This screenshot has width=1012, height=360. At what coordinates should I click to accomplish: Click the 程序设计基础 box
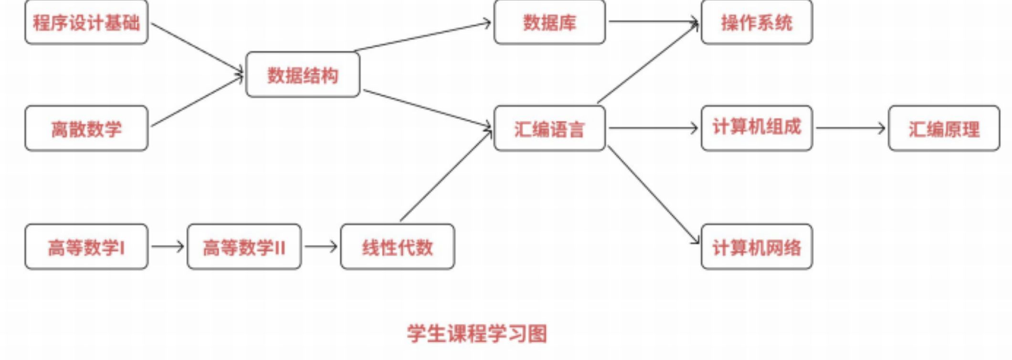pyautogui.click(x=86, y=22)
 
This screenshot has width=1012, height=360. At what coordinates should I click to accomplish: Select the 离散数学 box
pyautogui.click(x=86, y=128)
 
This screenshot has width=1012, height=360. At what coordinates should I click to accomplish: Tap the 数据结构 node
pyautogui.click(x=303, y=75)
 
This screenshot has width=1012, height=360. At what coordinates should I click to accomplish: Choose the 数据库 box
pyautogui.click(x=549, y=22)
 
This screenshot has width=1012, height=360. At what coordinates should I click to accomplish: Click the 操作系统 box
pyautogui.click(x=757, y=22)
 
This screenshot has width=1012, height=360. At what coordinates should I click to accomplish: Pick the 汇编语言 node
pyautogui.click(x=549, y=128)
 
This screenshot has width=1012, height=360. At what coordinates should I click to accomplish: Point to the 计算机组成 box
pyautogui.click(x=757, y=128)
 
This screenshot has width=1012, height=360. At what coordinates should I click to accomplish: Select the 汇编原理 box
pyautogui.click(x=944, y=128)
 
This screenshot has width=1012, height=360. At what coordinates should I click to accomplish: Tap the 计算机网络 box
pyautogui.click(x=757, y=247)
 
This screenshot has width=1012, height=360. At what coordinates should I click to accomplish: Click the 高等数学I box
pyautogui.click(x=86, y=247)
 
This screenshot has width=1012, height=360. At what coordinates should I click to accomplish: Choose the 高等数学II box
pyautogui.click(x=244, y=247)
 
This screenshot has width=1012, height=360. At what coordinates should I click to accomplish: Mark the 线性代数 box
pyautogui.click(x=397, y=247)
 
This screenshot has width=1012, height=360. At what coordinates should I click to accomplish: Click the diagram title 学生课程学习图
pyautogui.click(x=477, y=333)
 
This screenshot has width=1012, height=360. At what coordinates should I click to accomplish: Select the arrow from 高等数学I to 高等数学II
pyautogui.click(x=167, y=246)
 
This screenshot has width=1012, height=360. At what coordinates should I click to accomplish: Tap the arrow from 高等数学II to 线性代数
pyautogui.click(x=320, y=246)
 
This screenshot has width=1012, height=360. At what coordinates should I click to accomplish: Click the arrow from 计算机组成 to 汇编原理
pyautogui.click(x=850, y=128)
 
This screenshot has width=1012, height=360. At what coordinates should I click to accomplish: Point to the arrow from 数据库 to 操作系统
pyautogui.click(x=653, y=21)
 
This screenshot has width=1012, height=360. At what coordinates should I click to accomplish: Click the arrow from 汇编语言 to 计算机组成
pyautogui.click(x=653, y=128)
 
